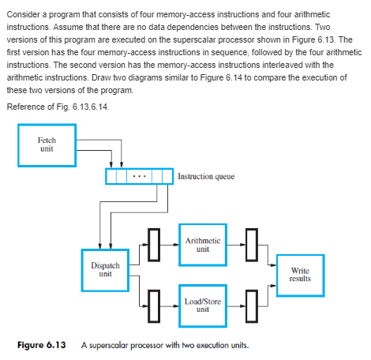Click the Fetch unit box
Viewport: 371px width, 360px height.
point(47,144)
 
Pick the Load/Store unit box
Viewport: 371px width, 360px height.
point(201,304)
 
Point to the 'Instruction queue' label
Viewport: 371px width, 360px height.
point(208,175)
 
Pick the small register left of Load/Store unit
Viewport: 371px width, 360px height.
point(156,304)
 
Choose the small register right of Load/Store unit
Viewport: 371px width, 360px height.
point(249,304)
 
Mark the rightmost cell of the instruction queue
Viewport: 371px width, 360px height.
point(167,174)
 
